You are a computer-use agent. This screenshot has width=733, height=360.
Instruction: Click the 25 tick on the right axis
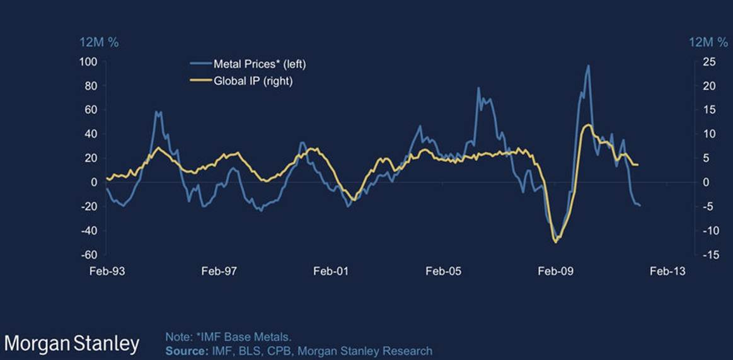(x=707, y=62)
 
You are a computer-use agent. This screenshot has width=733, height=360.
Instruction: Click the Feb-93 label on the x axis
(x=105, y=271)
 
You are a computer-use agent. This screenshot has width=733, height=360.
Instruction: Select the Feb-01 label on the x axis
(x=330, y=271)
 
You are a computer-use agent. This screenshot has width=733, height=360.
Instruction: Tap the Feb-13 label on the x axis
(x=667, y=271)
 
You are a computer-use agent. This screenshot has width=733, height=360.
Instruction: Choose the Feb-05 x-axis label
(x=442, y=271)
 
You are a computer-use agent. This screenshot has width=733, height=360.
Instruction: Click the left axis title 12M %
(x=98, y=42)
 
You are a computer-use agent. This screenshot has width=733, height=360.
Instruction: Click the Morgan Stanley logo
(x=72, y=344)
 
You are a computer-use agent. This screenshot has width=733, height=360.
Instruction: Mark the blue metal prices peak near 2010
(x=588, y=66)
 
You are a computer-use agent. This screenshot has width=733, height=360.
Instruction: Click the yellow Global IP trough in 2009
(x=555, y=241)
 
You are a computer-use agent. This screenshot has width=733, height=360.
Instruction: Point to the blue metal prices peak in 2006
(x=478, y=88)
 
